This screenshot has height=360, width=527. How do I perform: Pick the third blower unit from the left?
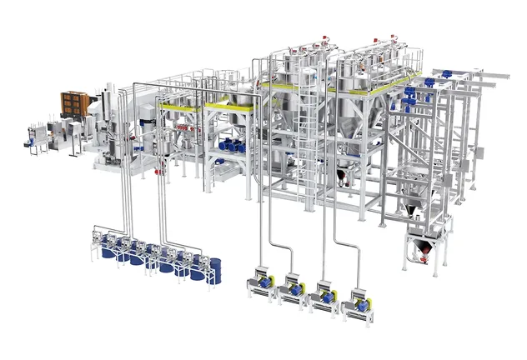[326, 295]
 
